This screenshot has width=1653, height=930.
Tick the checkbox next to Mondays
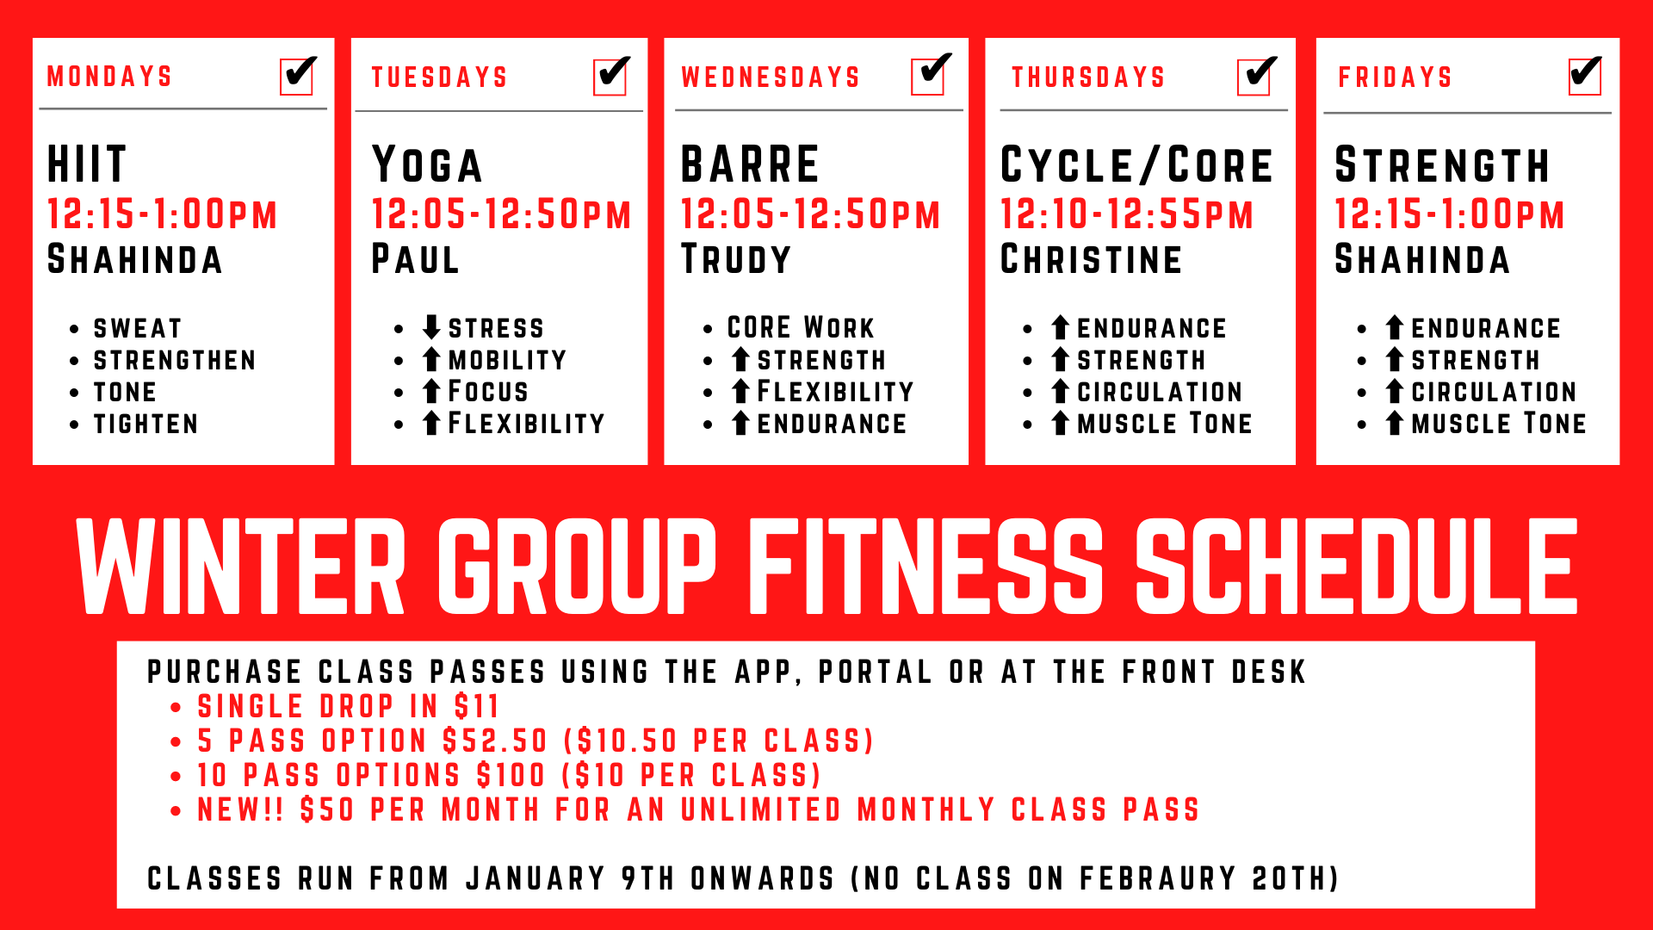[x=297, y=77]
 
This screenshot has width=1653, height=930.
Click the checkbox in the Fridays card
[x=1585, y=77]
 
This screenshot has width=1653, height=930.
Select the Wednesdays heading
[x=771, y=77]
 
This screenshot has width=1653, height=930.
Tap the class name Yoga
[x=427, y=165]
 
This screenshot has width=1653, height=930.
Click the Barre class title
[x=750, y=164]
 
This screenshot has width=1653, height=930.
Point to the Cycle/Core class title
[x=1136, y=165]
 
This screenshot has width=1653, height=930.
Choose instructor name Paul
[x=415, y=259]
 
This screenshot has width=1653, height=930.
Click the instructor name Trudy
[x=736, y=259]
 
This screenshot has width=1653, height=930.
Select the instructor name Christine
[x=1092, y=259]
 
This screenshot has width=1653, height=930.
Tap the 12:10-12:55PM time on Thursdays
[x=1127, y=214]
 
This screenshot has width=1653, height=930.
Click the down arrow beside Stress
[x=431, y=327]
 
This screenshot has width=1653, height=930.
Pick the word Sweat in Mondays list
[x=138, y=328]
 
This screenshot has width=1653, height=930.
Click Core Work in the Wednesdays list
[x=801, y=327]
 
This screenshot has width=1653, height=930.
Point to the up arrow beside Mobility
[x=431, y=359]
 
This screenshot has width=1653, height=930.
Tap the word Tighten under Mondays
[x=145, y=424]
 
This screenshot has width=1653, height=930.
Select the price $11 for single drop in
[x=477, y=706]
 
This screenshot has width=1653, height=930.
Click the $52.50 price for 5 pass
[x=495, y=741]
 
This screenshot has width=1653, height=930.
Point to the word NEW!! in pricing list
[x=240, y=809]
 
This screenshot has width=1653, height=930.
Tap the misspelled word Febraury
[x=1158, y=878]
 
